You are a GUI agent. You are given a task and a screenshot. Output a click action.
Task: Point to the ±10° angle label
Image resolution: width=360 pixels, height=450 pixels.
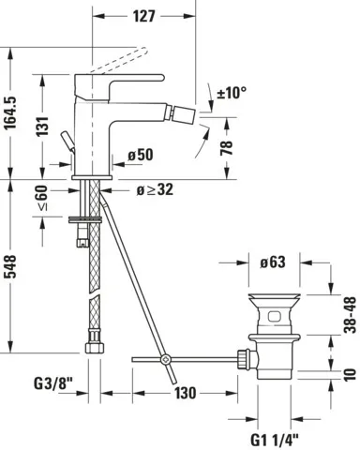(x=231, y=93)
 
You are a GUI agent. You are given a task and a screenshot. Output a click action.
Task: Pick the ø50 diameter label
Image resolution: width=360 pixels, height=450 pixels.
(x=139, y=154)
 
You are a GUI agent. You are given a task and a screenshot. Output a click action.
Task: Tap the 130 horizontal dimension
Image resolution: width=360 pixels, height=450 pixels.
(x=186, y=392)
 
